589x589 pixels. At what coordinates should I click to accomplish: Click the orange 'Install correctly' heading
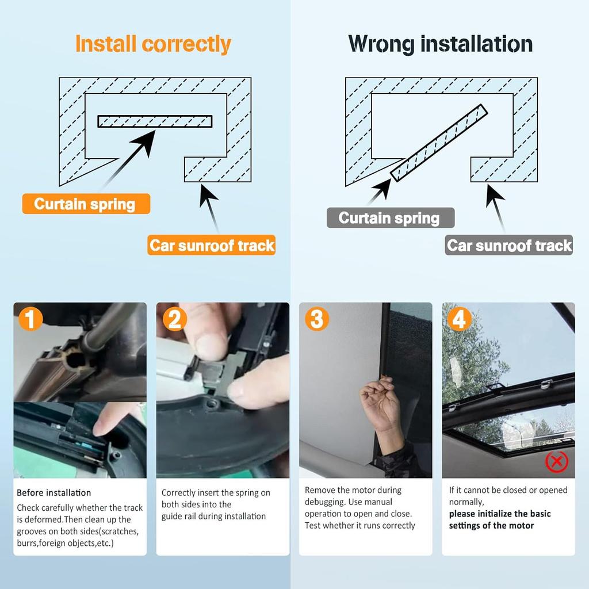pos(153,44)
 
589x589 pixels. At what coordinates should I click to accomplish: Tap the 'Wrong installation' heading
pos(440,44)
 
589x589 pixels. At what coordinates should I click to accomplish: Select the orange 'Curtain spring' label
pos(86,204)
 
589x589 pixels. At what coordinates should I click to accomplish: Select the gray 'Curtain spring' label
pos(391,218)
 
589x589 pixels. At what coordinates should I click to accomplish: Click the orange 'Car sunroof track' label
pos(212,245)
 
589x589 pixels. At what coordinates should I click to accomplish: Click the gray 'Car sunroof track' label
pos(509,245)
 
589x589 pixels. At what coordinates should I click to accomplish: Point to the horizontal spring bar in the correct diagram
pos(155,121)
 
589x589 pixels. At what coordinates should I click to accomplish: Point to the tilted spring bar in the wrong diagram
pos(439,143)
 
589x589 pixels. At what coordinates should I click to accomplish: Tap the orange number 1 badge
pos(30,319)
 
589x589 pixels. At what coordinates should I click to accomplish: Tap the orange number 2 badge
pos(175,319)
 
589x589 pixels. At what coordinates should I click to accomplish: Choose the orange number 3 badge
pos(317,319)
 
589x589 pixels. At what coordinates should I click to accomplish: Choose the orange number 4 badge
pos(460,319)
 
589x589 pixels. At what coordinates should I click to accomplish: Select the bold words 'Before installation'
pos(53,492)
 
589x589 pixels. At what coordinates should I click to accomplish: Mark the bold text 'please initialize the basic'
pos(500,514)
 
